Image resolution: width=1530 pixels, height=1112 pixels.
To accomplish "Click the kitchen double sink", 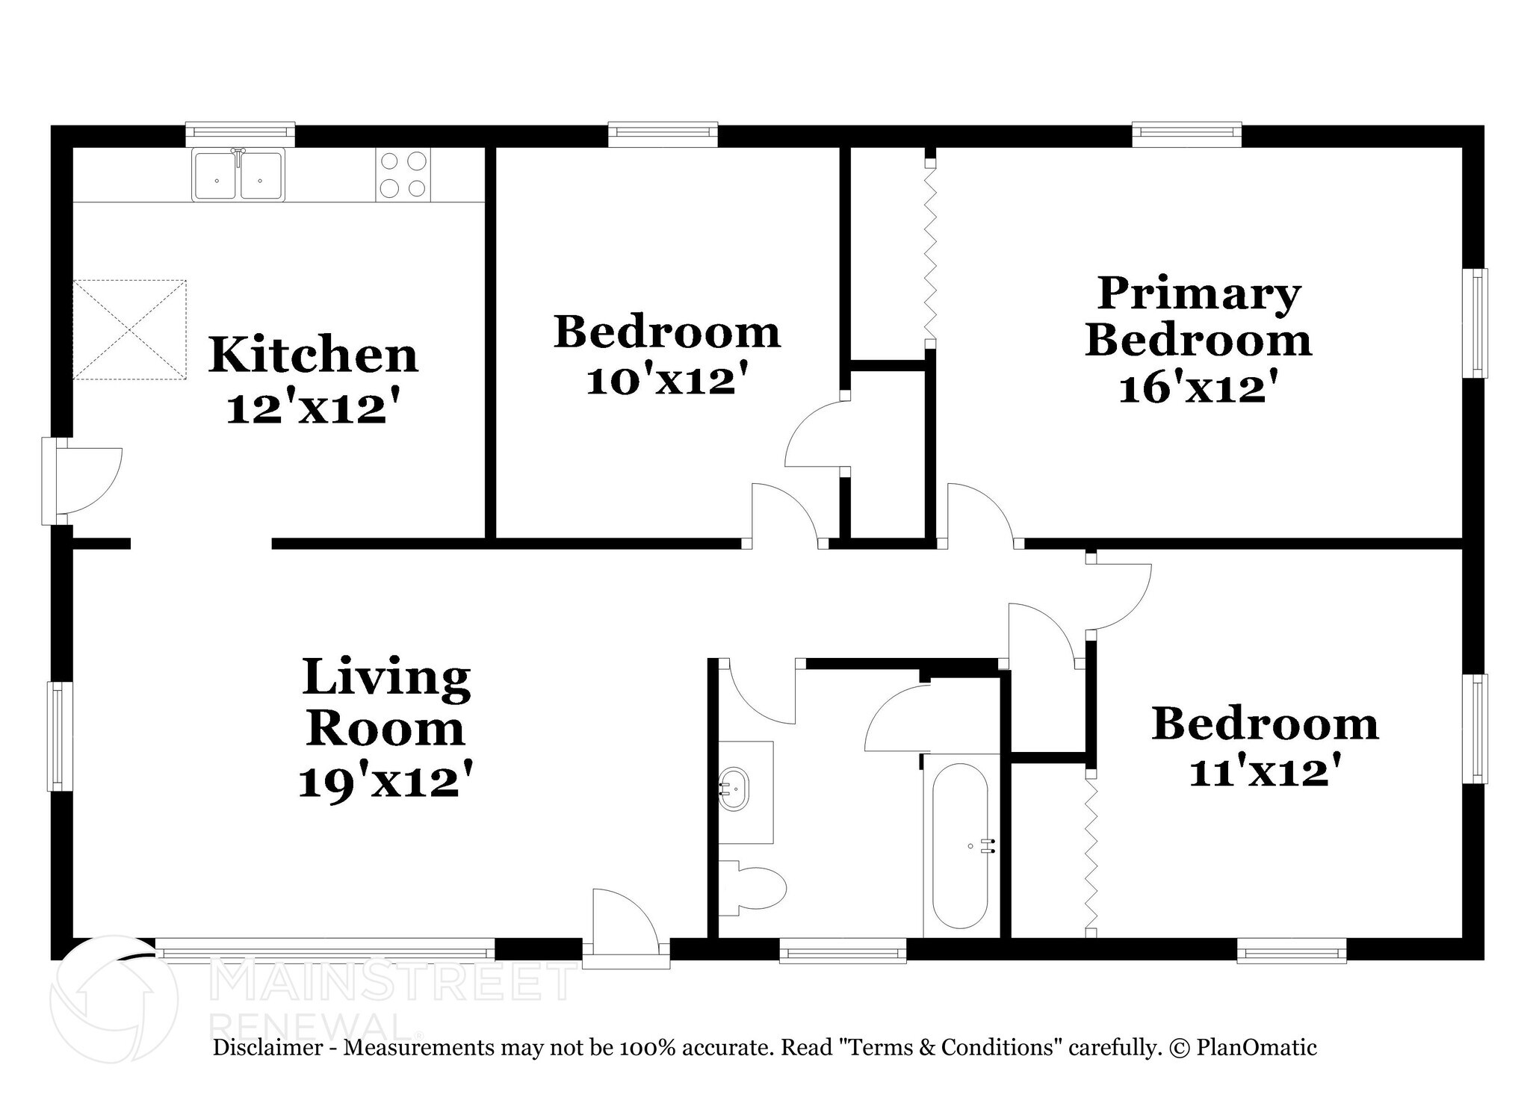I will pos(238,176).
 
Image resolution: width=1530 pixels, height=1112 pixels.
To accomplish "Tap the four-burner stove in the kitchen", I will pos(403,175).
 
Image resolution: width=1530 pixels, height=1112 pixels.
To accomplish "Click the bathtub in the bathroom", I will pos(961,845).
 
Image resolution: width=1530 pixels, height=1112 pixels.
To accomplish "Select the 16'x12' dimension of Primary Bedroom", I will pos(1198,388).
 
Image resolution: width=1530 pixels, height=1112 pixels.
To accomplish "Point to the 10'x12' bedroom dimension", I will pos(666,382).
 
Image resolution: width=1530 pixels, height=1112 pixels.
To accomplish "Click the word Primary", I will pos(1198,293).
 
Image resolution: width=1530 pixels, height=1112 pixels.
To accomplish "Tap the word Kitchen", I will pos(313,355).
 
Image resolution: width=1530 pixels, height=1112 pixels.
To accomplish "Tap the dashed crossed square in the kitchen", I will pos(129,329).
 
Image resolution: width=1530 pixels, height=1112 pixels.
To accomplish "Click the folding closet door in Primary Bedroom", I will pos(930,254).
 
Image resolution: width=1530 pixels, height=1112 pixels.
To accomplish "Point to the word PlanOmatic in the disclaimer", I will pos(1257,1048).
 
